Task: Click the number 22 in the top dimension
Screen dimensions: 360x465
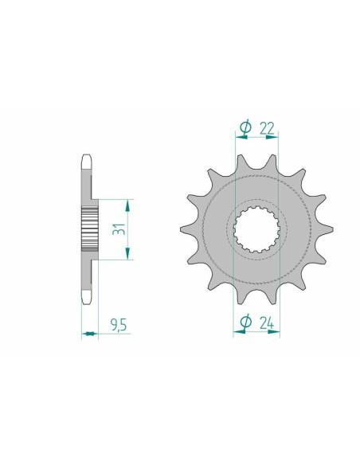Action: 267,128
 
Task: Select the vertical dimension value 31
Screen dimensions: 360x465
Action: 119,229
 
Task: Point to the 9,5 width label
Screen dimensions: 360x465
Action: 119,326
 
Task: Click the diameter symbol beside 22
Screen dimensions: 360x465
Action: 246,128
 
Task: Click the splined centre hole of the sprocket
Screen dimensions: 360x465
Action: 256,229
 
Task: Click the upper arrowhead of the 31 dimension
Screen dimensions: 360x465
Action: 127,205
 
